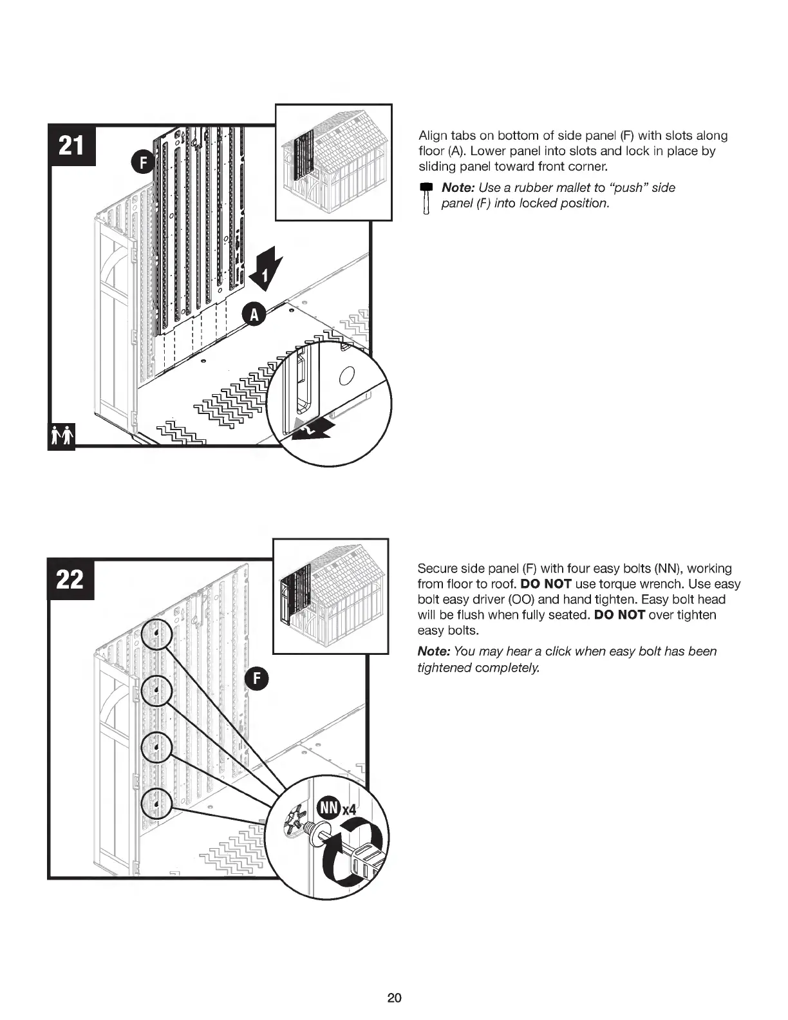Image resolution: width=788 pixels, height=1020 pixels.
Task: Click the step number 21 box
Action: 71,146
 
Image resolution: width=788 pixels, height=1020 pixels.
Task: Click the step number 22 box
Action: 71,580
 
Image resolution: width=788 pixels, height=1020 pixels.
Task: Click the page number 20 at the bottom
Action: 394,998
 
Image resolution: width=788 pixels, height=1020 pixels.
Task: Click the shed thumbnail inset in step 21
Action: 333,162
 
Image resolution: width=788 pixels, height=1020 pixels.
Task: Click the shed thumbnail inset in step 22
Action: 331,596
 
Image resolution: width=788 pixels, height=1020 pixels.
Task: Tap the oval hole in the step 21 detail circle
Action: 346,376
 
